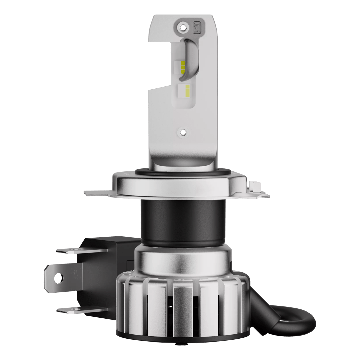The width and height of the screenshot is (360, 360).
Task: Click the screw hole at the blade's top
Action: point(182,26)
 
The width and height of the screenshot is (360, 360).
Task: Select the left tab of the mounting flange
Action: point(97,193)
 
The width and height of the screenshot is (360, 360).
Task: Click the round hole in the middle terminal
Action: point(58,277)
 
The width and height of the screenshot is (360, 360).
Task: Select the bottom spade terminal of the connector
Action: point(68,311)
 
